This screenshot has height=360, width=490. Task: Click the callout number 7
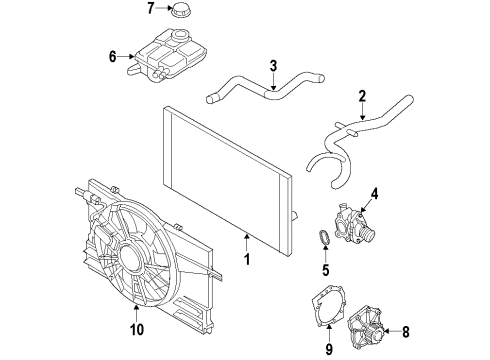point(151,8)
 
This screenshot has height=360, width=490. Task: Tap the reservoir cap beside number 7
point(180,10)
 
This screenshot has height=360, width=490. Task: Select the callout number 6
point(113,57)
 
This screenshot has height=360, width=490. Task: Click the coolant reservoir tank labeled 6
point(167,55)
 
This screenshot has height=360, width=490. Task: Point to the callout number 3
point(273,66)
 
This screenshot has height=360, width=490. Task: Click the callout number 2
point(362,96)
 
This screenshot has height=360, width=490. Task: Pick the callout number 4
point(375,194)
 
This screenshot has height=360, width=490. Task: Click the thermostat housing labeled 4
point(354,224)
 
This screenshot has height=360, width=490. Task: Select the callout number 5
point(325,270)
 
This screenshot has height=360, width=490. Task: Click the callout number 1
point(247,259)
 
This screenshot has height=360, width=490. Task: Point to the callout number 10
point(137,329)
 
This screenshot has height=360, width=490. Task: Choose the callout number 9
point(329,349)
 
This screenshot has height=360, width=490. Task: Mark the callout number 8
point(406,332)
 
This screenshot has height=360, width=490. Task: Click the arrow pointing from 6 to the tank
point(126,57)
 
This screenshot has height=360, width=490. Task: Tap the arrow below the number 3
point(273,81)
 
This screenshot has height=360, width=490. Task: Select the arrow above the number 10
point(137,313)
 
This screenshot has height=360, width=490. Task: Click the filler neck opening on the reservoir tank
point(180,34)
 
